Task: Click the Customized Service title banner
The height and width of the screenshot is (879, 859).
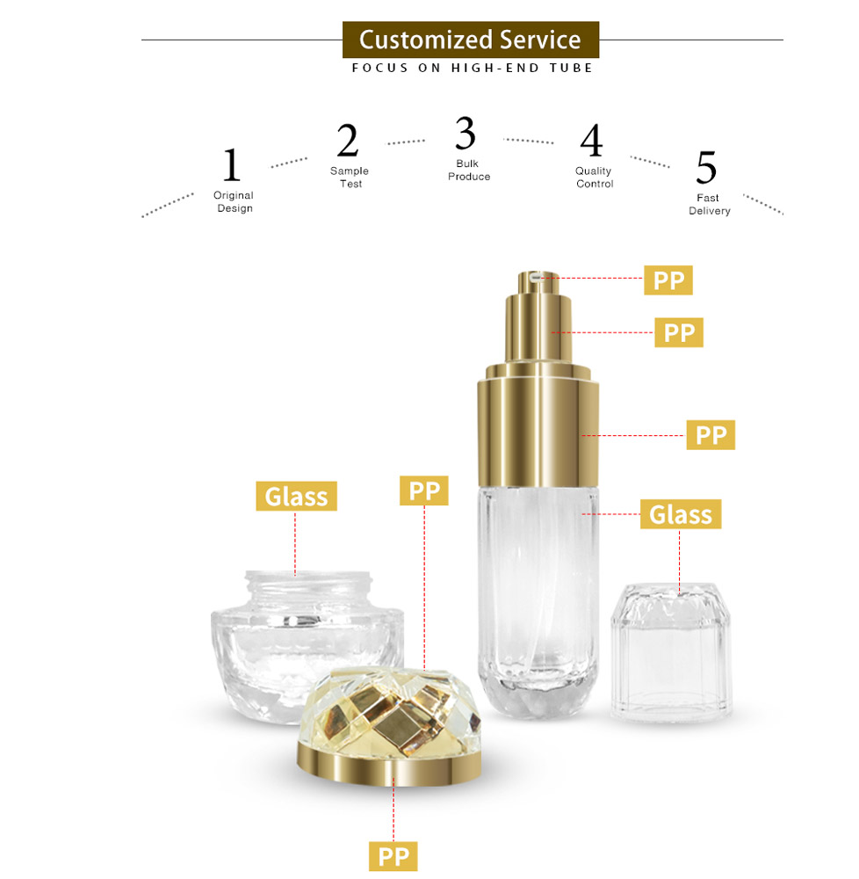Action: coord(470,40)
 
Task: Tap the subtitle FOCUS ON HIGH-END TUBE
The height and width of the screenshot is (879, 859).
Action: coord(473,68)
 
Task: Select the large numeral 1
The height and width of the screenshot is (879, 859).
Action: coord(231,165)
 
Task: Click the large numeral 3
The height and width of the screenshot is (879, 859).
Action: coord(466,134)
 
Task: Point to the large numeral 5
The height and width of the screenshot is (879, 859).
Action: coord(706,168)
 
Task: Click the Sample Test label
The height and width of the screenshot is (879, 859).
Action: coord(350,177)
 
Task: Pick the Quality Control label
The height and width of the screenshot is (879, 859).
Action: coord(595,178)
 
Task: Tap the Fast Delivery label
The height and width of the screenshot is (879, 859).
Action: coord(709,205)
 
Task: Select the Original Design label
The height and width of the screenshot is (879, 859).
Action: coord(234,201)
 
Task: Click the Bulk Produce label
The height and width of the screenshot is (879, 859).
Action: coord(468,171)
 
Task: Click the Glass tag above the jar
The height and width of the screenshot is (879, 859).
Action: coord(296,497)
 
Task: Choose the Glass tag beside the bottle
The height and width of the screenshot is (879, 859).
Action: coord(681,514)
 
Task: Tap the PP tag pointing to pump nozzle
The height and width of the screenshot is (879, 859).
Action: coord(669,280)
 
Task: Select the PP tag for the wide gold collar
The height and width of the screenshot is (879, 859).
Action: coord(711,435)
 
